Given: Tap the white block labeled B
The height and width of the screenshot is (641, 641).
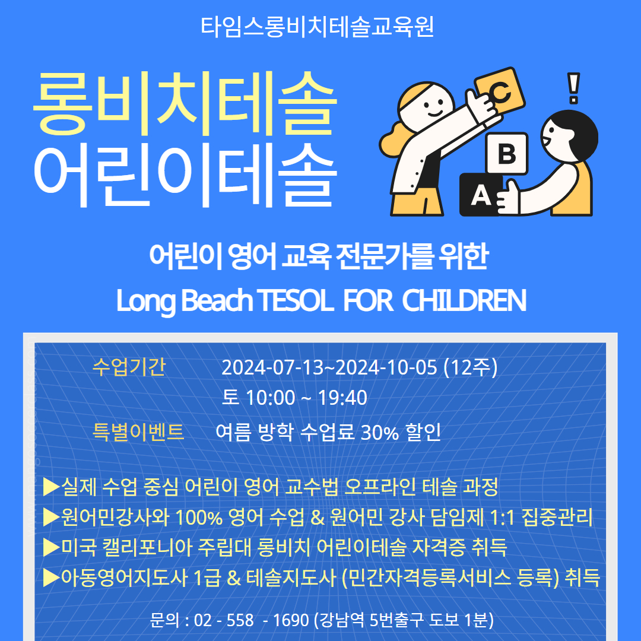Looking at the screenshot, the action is (507, 153).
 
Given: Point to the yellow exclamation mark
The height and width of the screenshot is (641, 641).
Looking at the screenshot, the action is (573, 88).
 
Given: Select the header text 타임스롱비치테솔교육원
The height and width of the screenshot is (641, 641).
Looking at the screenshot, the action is (317, 27).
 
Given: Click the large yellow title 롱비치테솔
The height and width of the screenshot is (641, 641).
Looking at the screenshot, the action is (185, 103).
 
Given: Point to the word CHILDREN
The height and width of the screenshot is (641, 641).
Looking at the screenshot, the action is (464, 300).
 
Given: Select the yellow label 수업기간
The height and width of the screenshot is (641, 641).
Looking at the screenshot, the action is (129, 366).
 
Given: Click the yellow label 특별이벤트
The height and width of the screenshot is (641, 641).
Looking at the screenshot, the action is (138, 431).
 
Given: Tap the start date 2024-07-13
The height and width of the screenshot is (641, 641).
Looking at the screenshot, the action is (272, 367).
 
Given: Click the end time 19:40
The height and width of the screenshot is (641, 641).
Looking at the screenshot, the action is (342, 398).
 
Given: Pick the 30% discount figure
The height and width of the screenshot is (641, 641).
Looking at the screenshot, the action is (380, 433).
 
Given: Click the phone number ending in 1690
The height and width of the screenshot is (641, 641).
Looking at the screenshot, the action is (252, 620).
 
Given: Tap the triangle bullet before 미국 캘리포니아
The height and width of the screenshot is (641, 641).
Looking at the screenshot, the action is (52, 547).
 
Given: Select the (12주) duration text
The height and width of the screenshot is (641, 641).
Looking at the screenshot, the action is (471, 367).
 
